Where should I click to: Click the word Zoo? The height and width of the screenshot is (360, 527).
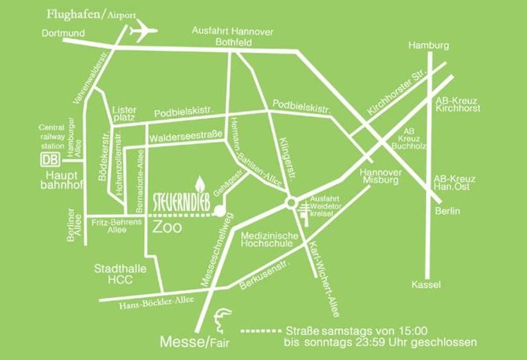[x=167, y=228]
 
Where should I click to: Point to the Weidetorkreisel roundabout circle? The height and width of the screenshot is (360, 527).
[x=290, y=204]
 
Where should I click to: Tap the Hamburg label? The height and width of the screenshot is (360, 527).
[x=428, y=46]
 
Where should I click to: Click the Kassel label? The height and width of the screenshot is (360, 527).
[x=426, y=284]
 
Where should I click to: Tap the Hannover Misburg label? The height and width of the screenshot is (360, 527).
[x=380, y=176]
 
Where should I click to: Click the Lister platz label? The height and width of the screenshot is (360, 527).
[x=124, y=114]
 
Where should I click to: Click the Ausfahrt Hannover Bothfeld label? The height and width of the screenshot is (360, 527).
[x=224, y=37]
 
